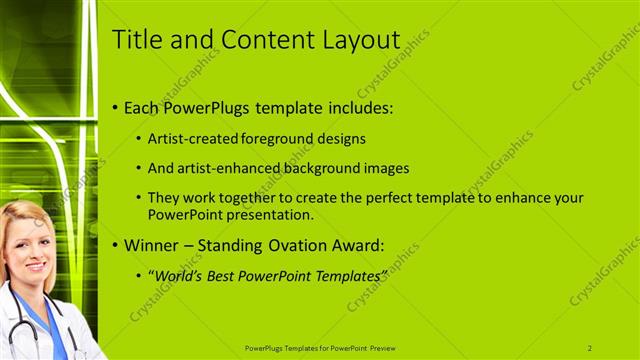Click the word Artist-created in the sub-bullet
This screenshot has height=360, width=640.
(188, 139)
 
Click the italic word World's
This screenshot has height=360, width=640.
(176, 274)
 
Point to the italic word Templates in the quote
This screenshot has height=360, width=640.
(348, 274)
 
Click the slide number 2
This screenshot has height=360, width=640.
(590, 347)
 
